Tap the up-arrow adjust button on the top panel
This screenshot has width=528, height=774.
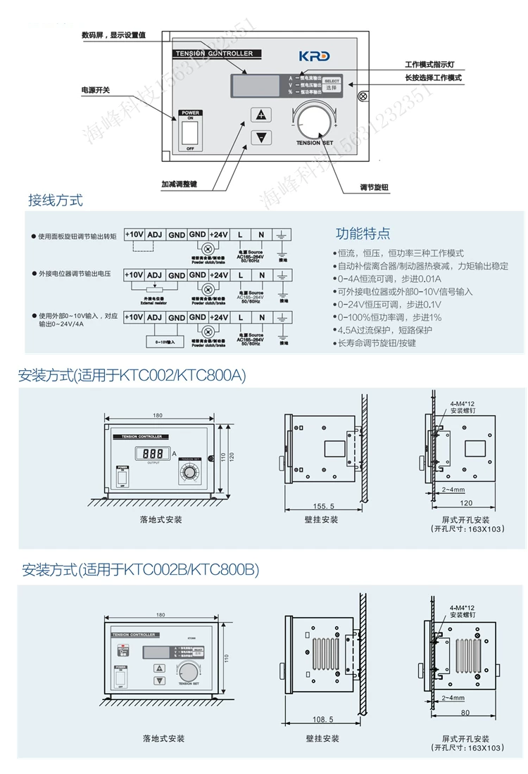tap(262, 115)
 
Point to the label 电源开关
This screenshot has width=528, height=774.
tap(96, 90)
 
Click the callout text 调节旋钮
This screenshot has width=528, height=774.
tap(374, 188)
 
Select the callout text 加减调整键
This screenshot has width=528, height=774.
tap(179, 184)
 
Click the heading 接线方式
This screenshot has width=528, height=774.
tap(55, 201)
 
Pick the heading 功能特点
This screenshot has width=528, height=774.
tap(363, 234)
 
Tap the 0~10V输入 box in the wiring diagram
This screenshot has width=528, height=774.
tap(165, 342)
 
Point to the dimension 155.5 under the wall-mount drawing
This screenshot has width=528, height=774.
tap(322, 506)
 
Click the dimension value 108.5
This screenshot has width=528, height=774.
tap(322, 719)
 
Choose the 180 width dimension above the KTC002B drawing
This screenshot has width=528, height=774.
tap(161, 614)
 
